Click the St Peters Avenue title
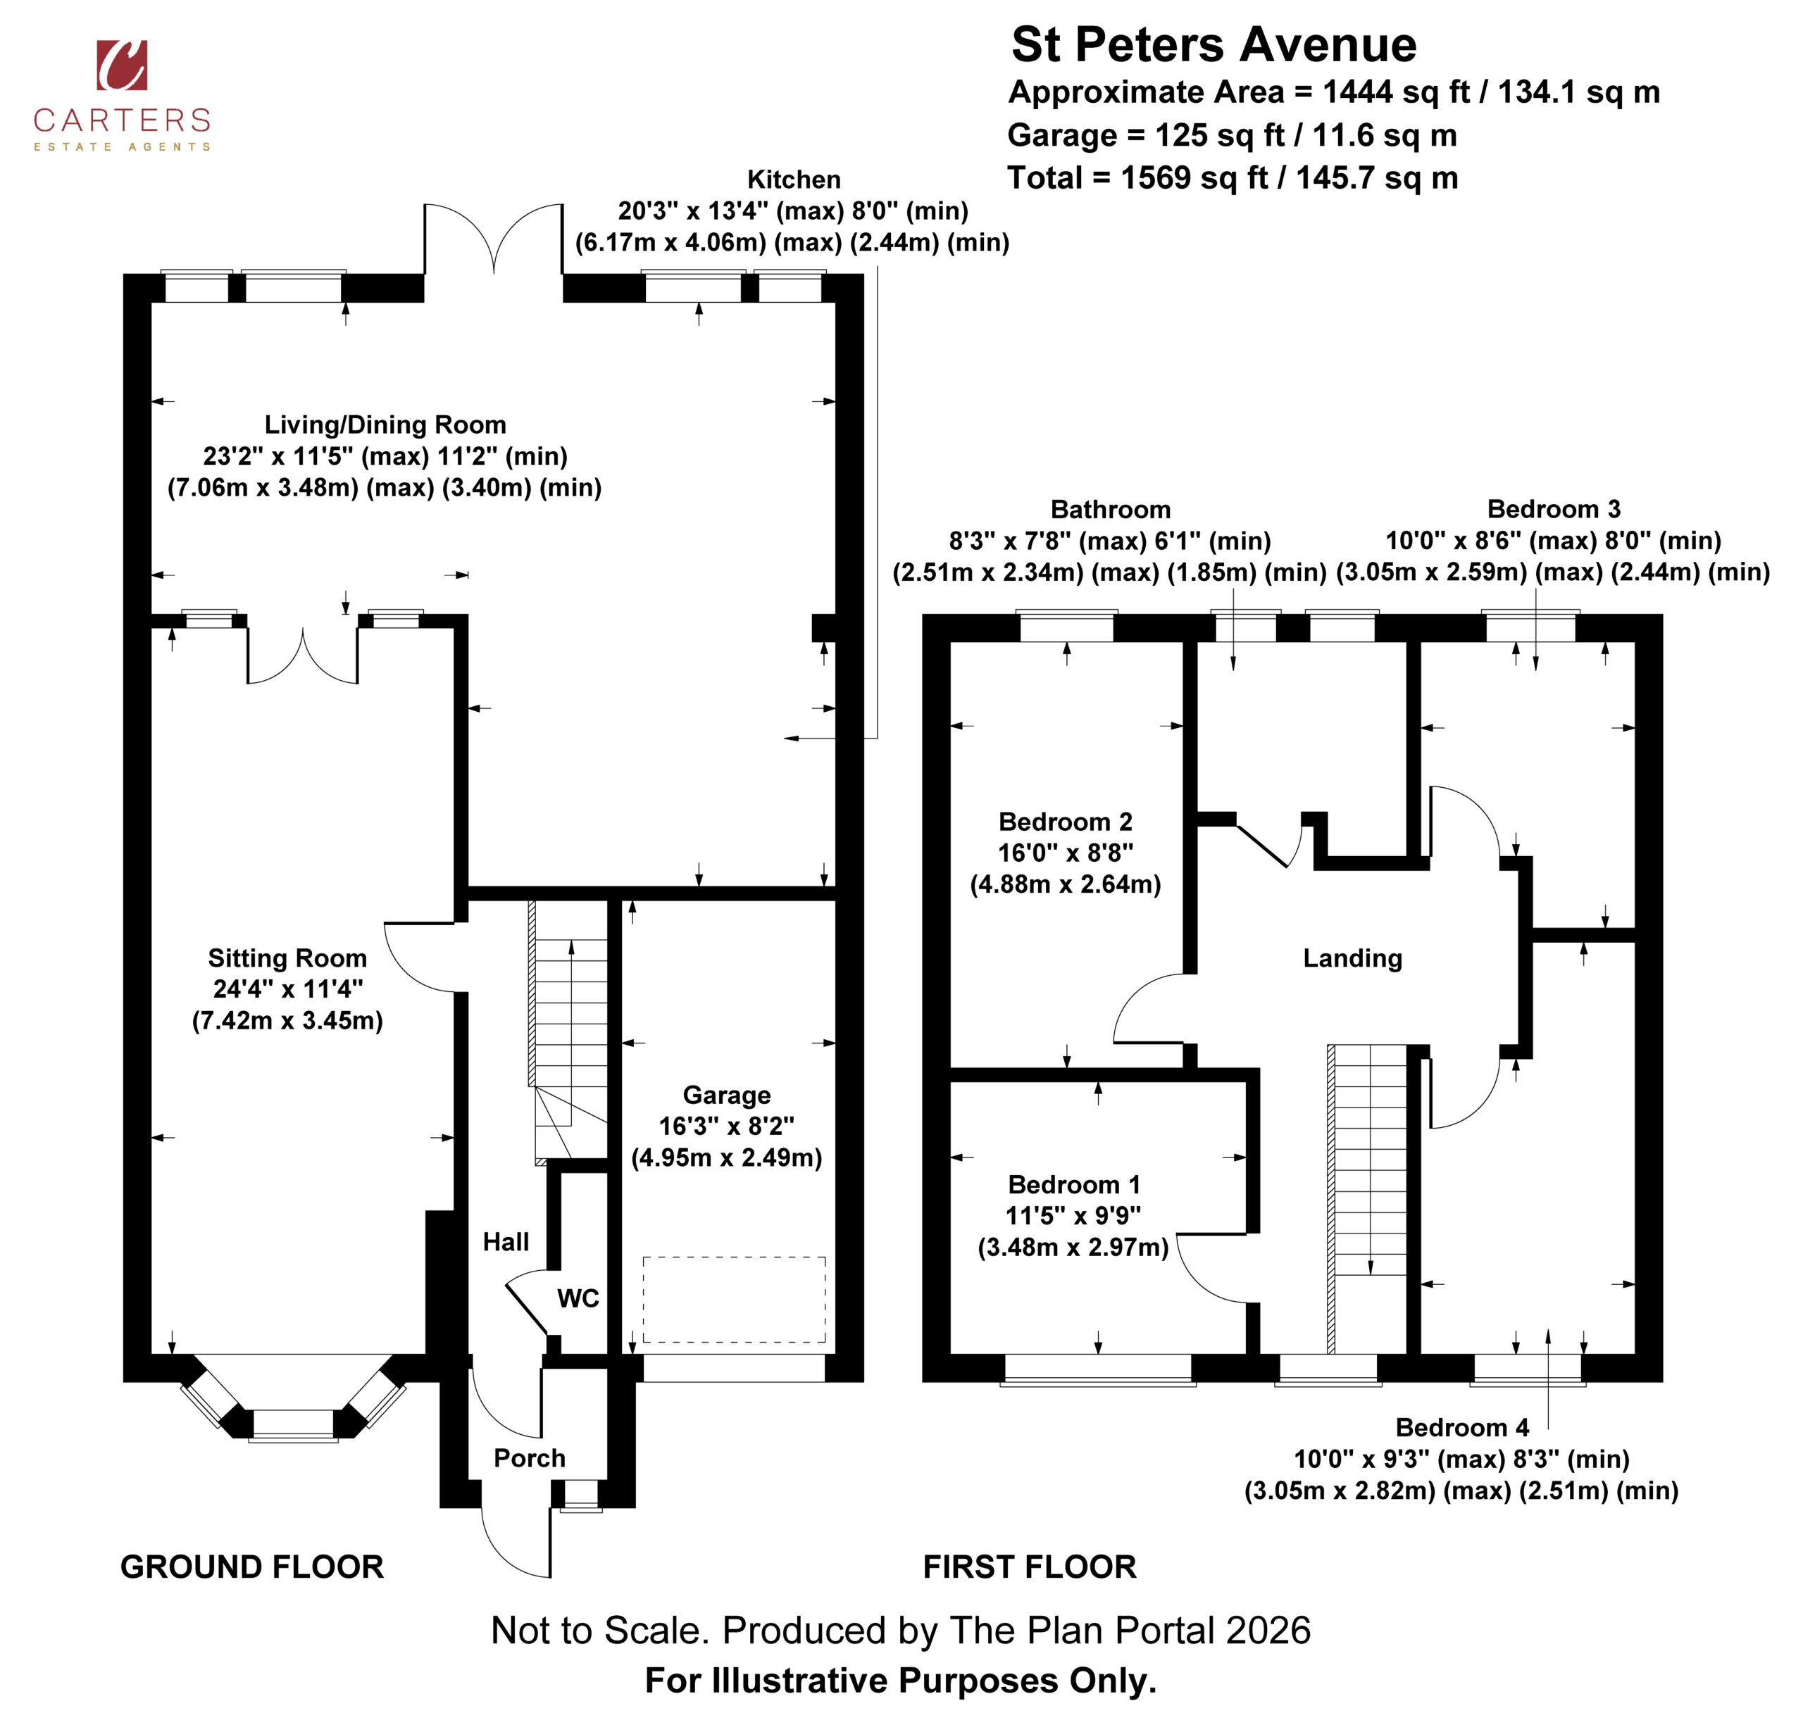pyautogui.click(x=1214, y=44)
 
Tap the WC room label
pyautogui.click(x=578, y=1299)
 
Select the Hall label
pyautogui.click(x=506, y=1242)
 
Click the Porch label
pyautogui.click(x=529, y=1458)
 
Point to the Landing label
pyautogui.click(x=1352, y=958)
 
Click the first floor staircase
pyautogui.click(x=1368, y=1198)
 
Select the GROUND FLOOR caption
pyautogui.click(x=252, y=1567)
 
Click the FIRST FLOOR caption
pyautogui.click(x=1030, y=1567)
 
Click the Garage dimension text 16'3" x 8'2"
pyautogui.click(x=727, y=1126)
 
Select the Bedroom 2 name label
pyautogui.click(x=1065, y=822)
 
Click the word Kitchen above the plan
pyautogui.click(x=794, y=180)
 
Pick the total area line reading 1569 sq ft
pyautogui.click(x=1233, y=177)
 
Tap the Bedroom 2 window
pyautogui.click(x=1067, y=627)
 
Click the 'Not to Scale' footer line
pyautogui.click(x=901, y=1630)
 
